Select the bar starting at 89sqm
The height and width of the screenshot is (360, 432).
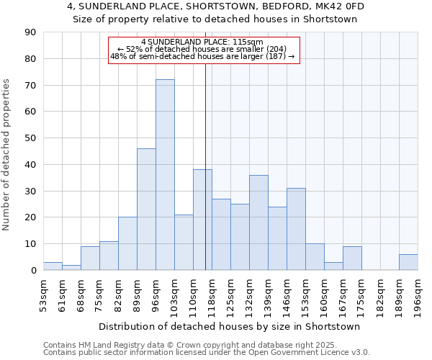pyautogui.click(x=146, y=210)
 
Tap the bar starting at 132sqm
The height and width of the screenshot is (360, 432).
pyautogui.click(x=258, y=222)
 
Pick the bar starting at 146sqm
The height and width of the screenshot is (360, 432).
pyautogui.click(x=296, y=229)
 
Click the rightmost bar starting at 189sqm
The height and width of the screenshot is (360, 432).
pyautogui.click(x=408, y=262)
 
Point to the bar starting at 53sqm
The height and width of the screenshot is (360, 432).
pyautogui.click(x=53, y=266)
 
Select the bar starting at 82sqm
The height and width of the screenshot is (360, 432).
pyautogui.click(x=127, y=243)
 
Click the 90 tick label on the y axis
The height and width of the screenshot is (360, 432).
pyautogui.click(x=30, y=32)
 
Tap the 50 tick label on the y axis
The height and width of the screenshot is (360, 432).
pyautogui.click(x=30, y=138)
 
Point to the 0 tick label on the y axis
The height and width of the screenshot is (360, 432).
pyautogui.click(x=33, y=270)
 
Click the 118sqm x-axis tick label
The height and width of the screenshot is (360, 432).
pyautogui.click(x=212, y=296)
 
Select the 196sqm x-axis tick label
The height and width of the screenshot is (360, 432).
pyautogui.click(x=418, y=296)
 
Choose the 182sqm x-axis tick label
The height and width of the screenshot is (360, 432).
pyautogui.click(x=380, y=296)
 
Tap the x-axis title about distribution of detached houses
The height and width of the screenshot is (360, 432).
pyautogui.click(x=230, y=326)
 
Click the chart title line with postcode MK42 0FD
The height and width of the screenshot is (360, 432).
pyautogui.click(x=216, y=6)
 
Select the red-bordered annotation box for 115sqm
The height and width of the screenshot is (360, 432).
pyautogui.click(x=202, y=49)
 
